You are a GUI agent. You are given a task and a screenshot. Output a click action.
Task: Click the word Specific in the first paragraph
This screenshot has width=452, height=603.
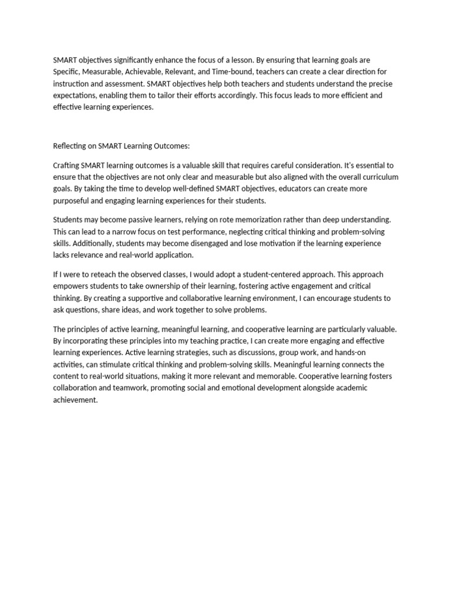point(67,71)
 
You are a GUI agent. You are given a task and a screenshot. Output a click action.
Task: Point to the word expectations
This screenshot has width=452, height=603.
point(75,95)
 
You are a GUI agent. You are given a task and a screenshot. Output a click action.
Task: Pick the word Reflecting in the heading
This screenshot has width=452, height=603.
point(72,146)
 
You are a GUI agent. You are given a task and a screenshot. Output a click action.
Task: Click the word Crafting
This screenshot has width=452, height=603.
point(67,165)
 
